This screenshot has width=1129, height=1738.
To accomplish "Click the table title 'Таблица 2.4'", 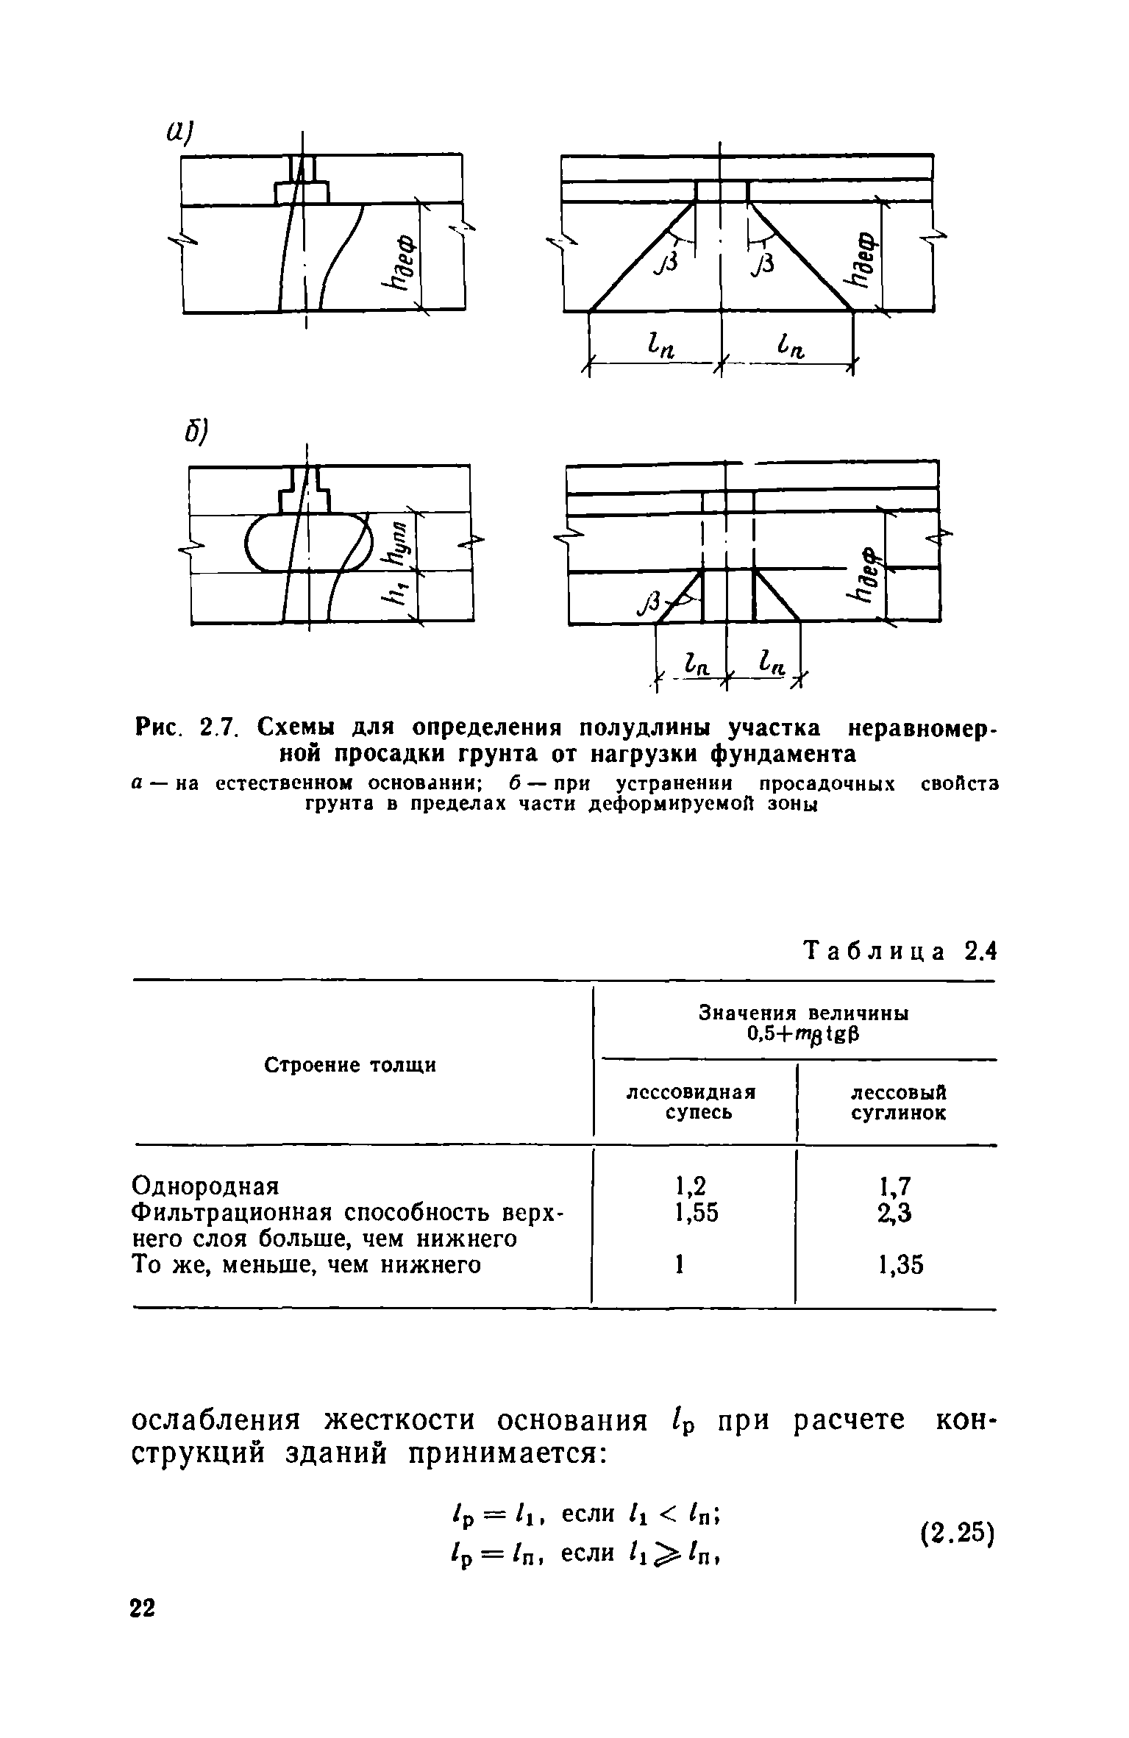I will (x=901, y=952).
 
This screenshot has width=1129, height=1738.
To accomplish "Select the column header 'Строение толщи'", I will (x=350, y=1065).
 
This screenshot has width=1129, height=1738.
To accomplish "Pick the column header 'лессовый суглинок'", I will (x=898, y=1102).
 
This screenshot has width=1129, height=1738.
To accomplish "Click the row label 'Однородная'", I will (x=206, y=1186).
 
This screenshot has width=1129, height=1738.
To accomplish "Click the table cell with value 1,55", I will (x=695, y=1212).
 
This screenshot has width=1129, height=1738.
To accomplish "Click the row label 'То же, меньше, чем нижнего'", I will (x=306, y=1265).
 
